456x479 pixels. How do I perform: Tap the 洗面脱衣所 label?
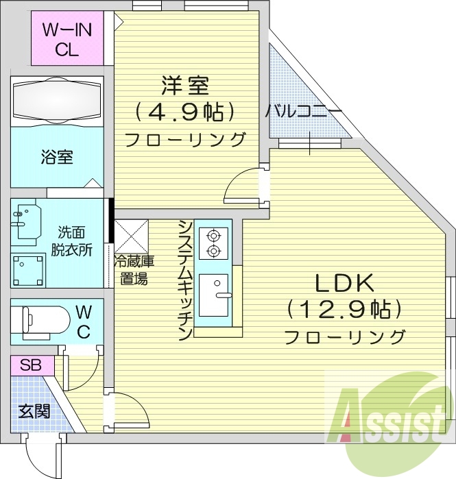(71, 241)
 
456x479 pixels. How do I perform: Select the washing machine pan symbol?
(27, 267)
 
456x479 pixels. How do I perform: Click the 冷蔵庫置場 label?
(134, 269)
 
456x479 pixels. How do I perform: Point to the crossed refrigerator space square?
(130, 235)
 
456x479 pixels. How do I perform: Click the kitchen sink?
(217, 295)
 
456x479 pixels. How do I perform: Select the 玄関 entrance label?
(34, 413)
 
